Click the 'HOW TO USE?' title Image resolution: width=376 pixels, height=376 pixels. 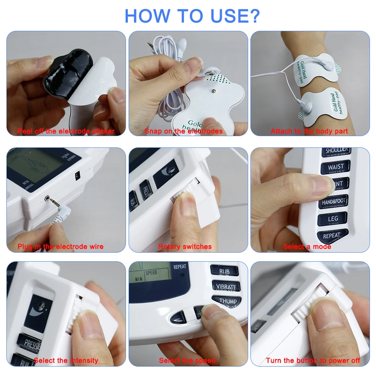tap(192, 15)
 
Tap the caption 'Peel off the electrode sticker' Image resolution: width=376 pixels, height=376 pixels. tap(66, 131)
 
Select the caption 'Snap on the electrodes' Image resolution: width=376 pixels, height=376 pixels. tap(183, 131)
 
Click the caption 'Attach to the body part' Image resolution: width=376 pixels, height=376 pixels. tap(309, 131)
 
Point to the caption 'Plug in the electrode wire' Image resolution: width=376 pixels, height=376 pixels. tap(61, 247)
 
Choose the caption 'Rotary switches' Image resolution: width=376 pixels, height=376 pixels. tap(185, 247)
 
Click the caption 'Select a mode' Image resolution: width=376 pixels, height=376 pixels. tap(307, 247)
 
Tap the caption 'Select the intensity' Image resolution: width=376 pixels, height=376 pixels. tap(66, 361)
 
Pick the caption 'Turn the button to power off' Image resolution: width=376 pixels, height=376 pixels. tap(313, 361)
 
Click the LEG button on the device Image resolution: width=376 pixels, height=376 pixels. tap(333, 219)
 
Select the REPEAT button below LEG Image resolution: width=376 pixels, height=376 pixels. tap(332, 236)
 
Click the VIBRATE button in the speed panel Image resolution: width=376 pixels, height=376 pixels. tap(226, 286)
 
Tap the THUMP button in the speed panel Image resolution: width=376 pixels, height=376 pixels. tap(227, 301)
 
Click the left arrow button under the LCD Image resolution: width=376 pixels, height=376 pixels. tap(178, 319)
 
